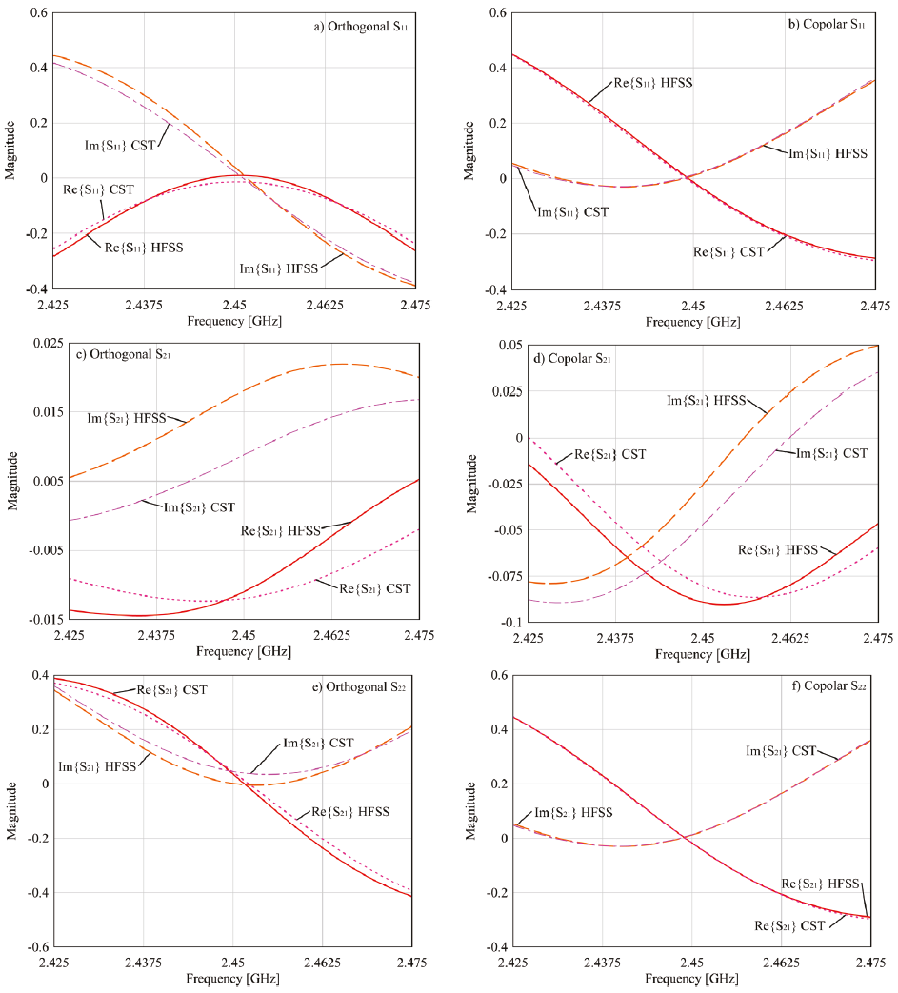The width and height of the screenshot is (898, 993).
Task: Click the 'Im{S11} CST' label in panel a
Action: coord(120,145)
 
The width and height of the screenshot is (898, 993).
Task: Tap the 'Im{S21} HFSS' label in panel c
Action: coord(123,417)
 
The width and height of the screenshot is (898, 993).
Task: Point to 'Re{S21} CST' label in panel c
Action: coord(375,588)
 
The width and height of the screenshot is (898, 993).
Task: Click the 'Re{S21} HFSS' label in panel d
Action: coord(778,549)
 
